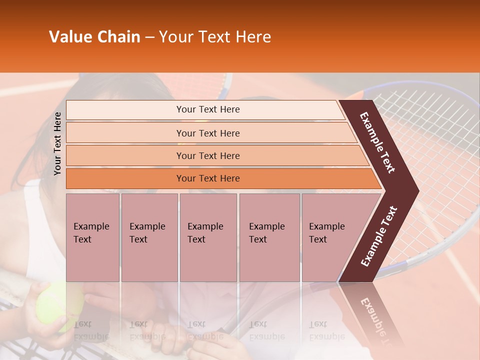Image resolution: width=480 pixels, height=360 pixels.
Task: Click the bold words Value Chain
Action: point(94,37)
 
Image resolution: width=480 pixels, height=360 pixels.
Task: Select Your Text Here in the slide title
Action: point(214,37)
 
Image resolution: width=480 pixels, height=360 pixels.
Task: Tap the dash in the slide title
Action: point(149,37)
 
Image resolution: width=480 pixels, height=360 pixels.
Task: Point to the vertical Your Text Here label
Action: point(57,143)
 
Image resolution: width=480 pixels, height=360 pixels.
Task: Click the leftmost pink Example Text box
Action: point(92,237)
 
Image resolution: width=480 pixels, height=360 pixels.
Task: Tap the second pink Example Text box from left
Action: point(149,237)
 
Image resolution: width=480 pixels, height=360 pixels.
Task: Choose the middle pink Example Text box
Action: point(208,237)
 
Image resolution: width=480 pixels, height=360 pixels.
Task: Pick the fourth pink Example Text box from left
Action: point(269,237)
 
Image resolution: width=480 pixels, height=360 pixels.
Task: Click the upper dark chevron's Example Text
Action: point(378,142)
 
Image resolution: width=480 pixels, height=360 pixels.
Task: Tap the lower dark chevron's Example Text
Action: point(379,236)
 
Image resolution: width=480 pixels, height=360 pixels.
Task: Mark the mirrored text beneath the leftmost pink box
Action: point(91,330)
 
